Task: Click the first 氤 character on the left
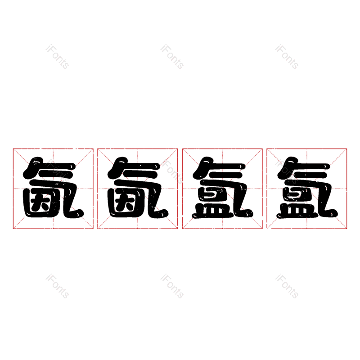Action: tap(53, 188)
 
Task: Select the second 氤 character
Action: tap(138, 188)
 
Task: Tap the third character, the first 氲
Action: tap(222, 188)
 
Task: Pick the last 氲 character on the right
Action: tap(307, 188)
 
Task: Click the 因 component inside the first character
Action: tap(40, 204)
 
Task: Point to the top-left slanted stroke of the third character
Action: tap(202, 167)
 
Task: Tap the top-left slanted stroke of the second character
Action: tap(117, 167)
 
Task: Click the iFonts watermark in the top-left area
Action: tap(58, 57)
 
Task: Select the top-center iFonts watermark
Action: tap(172, 57)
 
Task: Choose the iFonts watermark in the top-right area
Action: tap(287, 57)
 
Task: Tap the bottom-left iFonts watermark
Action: tap(58, 286)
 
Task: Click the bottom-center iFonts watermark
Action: tap(172, 286)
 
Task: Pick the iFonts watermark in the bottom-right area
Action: tap(287, 286)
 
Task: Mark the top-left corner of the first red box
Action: tap(13, 149)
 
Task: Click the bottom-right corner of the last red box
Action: tap(346, 229)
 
